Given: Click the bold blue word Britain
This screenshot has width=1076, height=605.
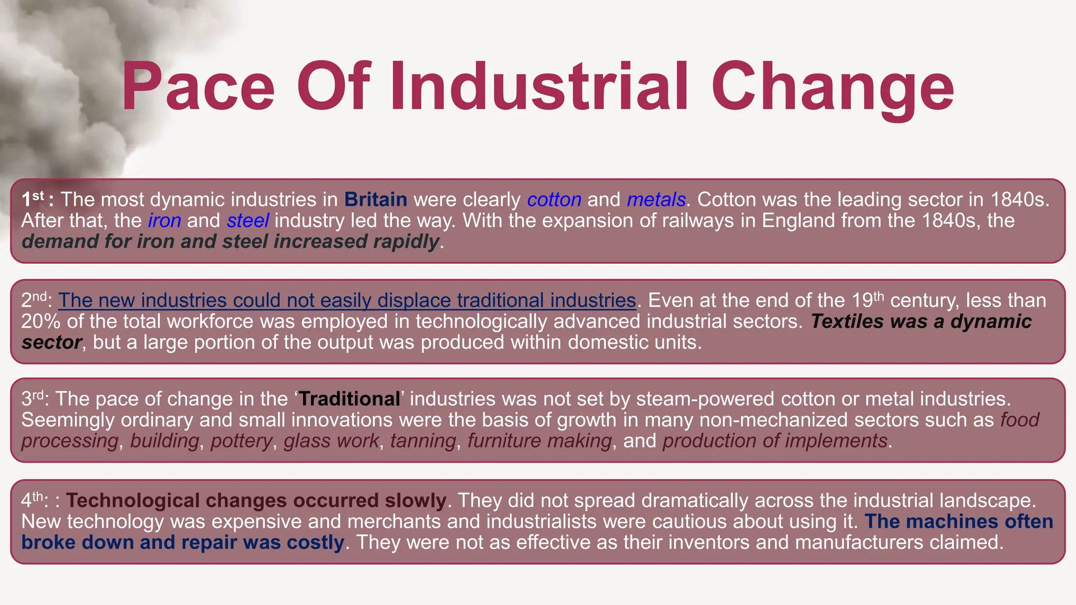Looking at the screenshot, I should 376,200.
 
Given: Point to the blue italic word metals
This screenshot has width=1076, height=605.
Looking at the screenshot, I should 656,200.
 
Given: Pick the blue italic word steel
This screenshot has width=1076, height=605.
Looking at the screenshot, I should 248,221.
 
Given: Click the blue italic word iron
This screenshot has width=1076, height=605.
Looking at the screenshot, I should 164,221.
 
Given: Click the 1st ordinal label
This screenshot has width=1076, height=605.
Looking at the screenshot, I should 33,199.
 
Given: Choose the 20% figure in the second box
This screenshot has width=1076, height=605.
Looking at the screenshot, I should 40,321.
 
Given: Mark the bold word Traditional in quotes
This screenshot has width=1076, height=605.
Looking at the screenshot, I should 349,399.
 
